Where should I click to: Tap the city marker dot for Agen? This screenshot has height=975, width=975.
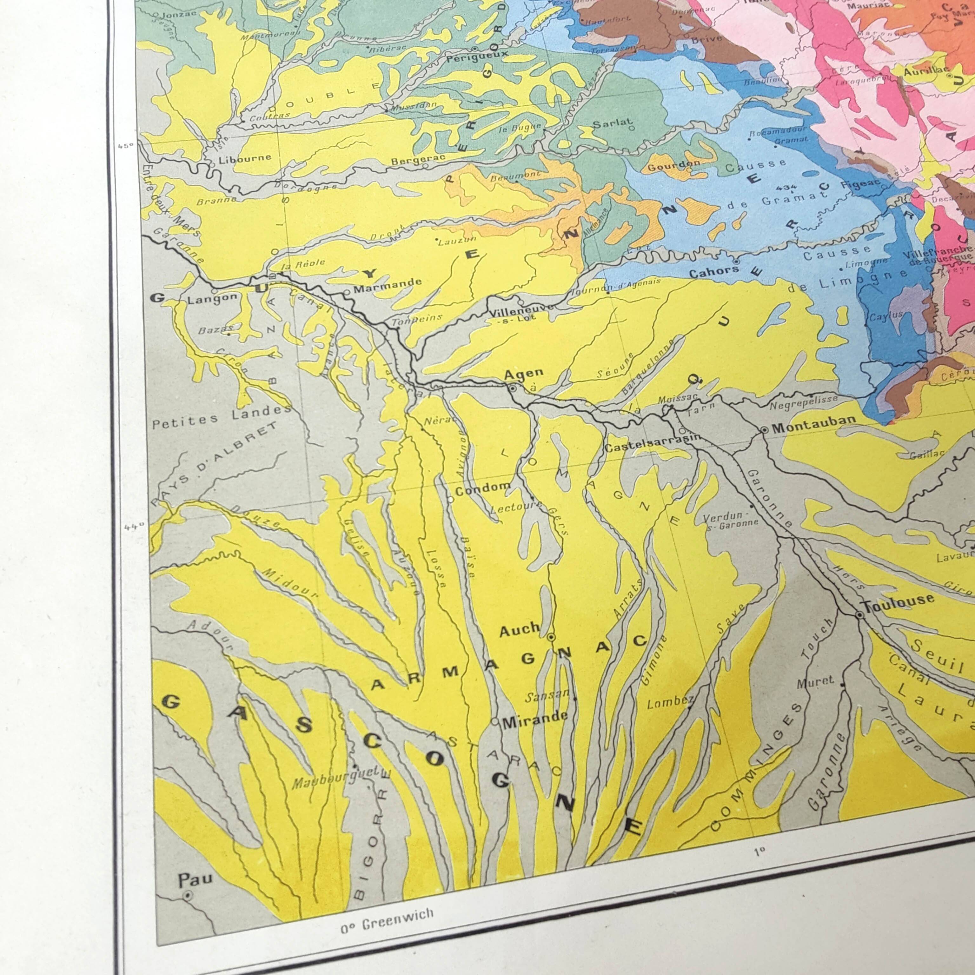pos(512,388)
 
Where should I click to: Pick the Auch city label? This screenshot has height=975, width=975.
pos(519,629)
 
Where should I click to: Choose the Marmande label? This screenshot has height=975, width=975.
pos(387,286)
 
